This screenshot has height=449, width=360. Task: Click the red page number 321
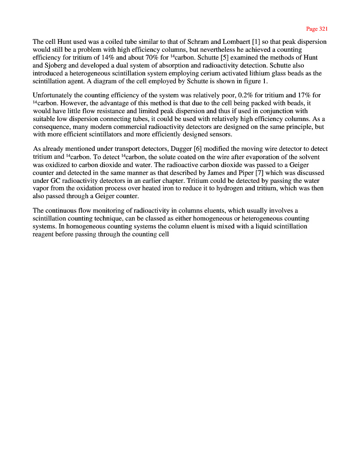[x=323, y=29]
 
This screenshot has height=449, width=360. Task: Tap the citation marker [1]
[x=245, y=42]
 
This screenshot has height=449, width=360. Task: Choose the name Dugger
[x=175, y=149]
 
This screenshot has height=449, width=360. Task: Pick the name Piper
[x=240, y=173]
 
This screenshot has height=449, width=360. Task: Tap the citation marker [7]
[x=255, y=173]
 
